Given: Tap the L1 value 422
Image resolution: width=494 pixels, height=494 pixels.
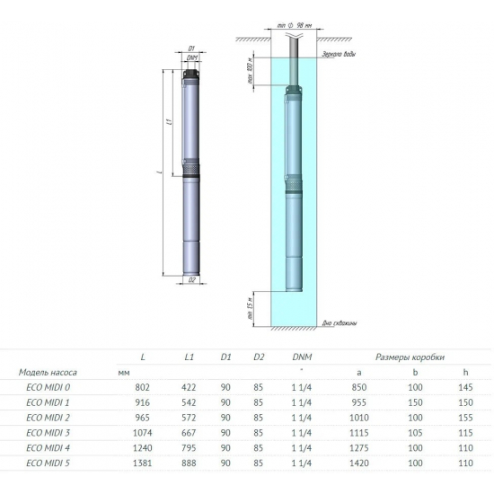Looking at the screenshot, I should pyautogui.click(x=190, y=386).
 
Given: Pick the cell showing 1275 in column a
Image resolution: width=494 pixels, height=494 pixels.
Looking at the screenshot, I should pyautogui.click(x=359, y=447).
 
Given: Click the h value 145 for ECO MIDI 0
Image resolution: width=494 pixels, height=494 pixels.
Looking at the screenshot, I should pyautogui.click(x=464, y=386).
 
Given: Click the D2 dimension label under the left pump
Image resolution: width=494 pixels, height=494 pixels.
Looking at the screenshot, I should pyautogui.click(x=192, y=280).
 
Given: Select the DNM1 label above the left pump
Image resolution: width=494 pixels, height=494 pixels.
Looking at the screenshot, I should pyautogui.click(x=192, y=56).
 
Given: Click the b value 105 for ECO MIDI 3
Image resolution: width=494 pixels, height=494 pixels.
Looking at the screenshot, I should pyautogui.click(x=415, y=432).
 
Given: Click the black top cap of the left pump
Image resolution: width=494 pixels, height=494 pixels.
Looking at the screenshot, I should pyautogui.click(x=192, y=73).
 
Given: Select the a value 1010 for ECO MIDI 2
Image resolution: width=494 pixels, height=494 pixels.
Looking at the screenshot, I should pyautogui.click(x=359, y=417).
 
